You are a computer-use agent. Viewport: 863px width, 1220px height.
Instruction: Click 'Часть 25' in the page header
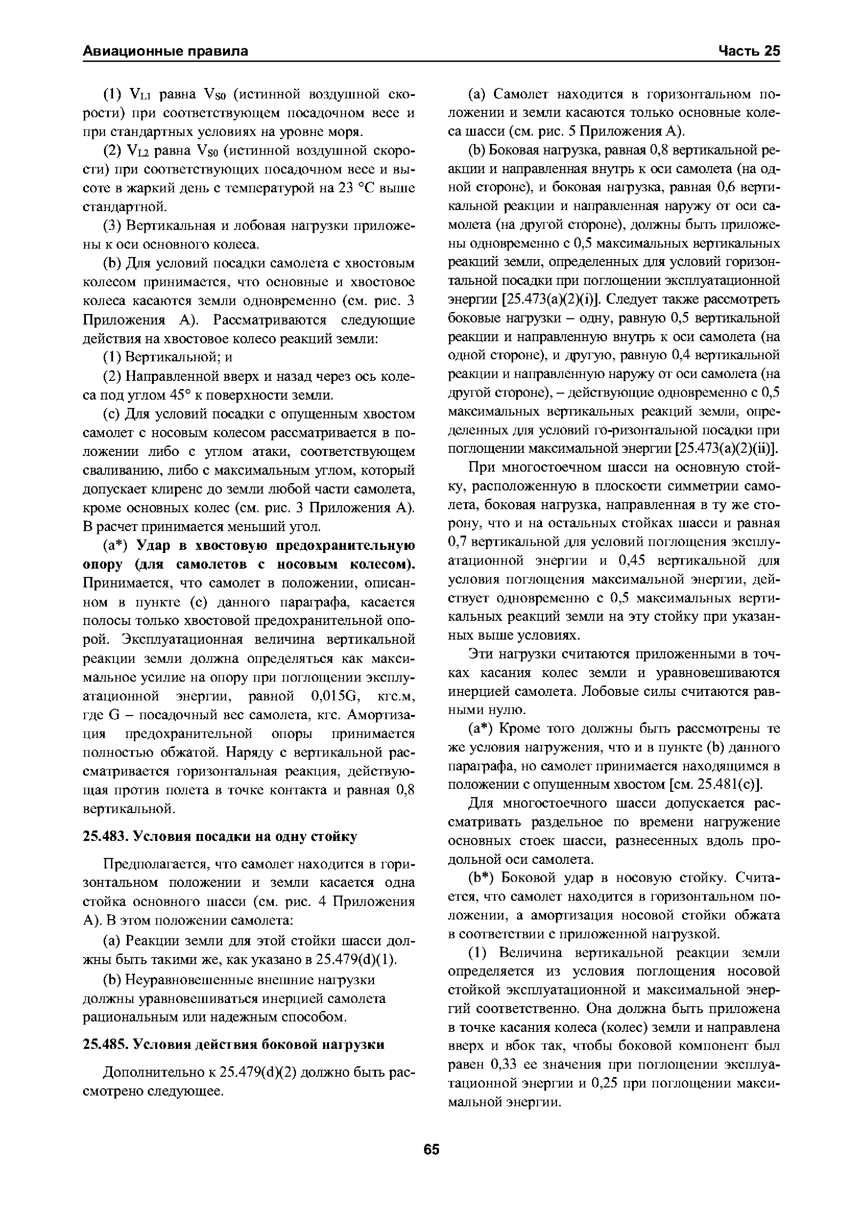[749, 51]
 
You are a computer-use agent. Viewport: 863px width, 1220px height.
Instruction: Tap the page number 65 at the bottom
[431, 1149]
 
